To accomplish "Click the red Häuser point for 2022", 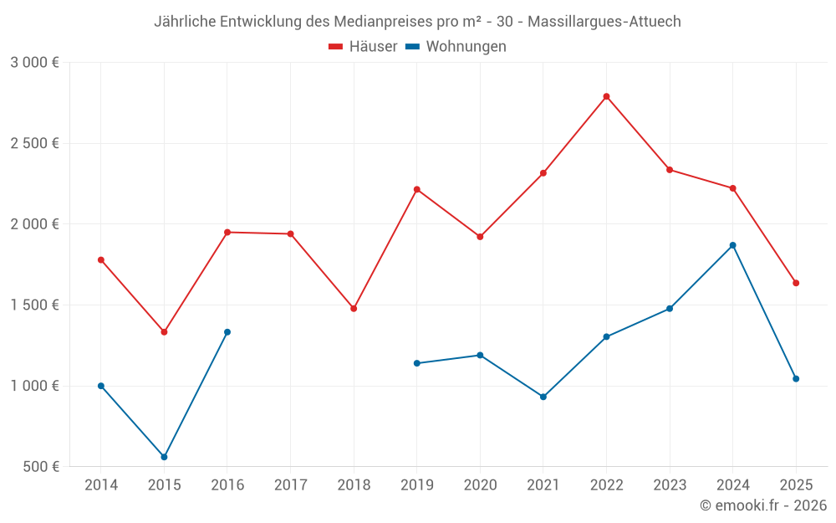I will click(606, 96).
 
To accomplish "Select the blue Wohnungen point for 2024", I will click(732, 245).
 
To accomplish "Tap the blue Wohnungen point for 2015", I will click(164, 457).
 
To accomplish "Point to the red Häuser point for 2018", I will click(354, 309).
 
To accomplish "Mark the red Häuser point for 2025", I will click(796, 283).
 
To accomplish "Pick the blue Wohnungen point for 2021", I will click(543, 397).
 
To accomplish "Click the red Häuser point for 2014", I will click(101, 259).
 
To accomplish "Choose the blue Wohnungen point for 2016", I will click(227, 332).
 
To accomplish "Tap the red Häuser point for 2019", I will click(416, 189).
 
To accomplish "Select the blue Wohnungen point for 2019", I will click(416, 363).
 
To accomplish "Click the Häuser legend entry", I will click(363, 47).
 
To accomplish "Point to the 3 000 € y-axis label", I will click(34, 63).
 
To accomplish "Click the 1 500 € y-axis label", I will click(34, 305).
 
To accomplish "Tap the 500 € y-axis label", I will click(40, 466).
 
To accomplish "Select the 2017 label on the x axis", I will click(290, 485).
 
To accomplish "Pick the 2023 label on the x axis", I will click(670, 485).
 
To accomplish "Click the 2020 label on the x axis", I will click(480, 485).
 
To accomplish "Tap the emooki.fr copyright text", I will click(763, 505).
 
